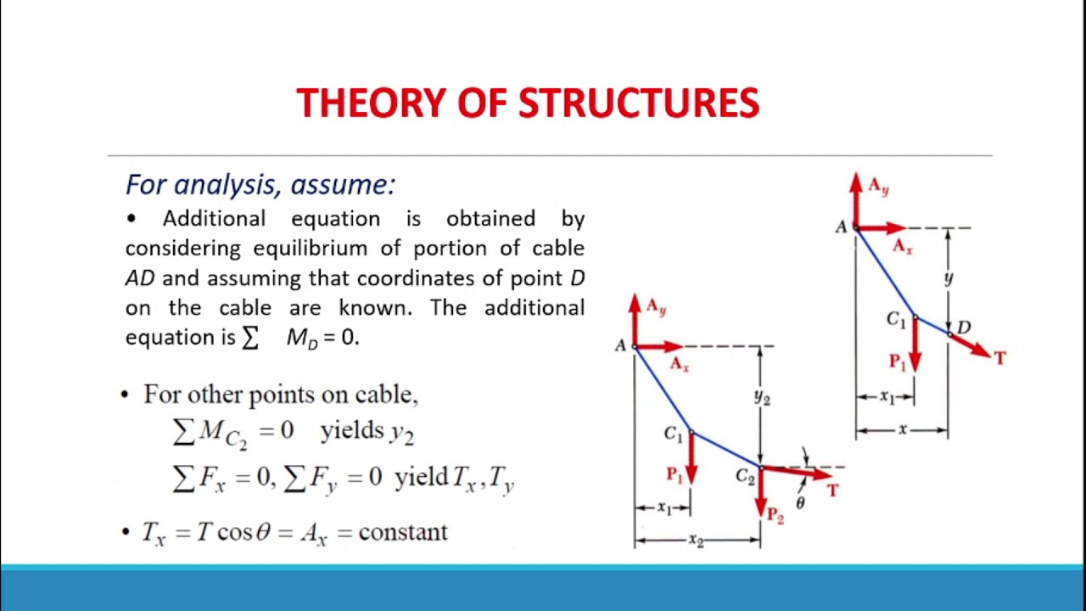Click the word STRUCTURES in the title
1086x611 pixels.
638,104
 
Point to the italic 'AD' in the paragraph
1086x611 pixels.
140,278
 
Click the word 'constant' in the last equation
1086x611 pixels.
403,532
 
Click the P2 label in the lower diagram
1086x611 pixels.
774,513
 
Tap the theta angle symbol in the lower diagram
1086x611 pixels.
800,503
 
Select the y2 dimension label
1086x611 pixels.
762,396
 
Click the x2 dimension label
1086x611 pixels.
696,541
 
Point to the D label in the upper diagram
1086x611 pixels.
964,327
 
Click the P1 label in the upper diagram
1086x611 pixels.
897,362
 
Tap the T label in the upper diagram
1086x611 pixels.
999,358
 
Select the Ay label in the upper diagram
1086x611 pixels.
878,188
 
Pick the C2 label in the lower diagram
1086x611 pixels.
745,477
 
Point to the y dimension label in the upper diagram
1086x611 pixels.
949,277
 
